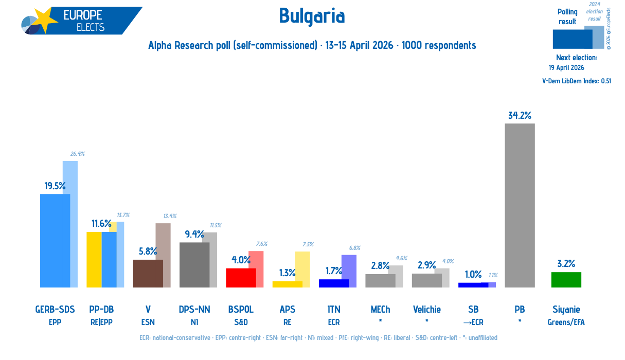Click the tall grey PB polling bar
coord(520,205)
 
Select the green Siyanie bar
coord(566,280)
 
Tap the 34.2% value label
coord(520,115)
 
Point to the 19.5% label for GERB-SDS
coord(55,186)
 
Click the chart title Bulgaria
coord(312,16)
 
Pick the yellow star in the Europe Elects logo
coord(45,20)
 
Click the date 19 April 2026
coord(566,68)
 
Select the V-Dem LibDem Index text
coord(577,81)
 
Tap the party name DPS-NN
coord(194,309)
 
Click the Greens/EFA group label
coord(566,322)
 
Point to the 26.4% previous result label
coord(78,154)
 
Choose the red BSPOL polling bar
coord(241,278)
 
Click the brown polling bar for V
coord(148,274)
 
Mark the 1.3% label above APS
coord(288,273)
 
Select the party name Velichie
coord(427,309)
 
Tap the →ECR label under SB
coord(473,322)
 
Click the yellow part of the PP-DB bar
coord(94,260)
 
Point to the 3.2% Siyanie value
coord(566,263)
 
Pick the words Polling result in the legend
coord(567,17)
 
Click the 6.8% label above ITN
coord(354,248)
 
